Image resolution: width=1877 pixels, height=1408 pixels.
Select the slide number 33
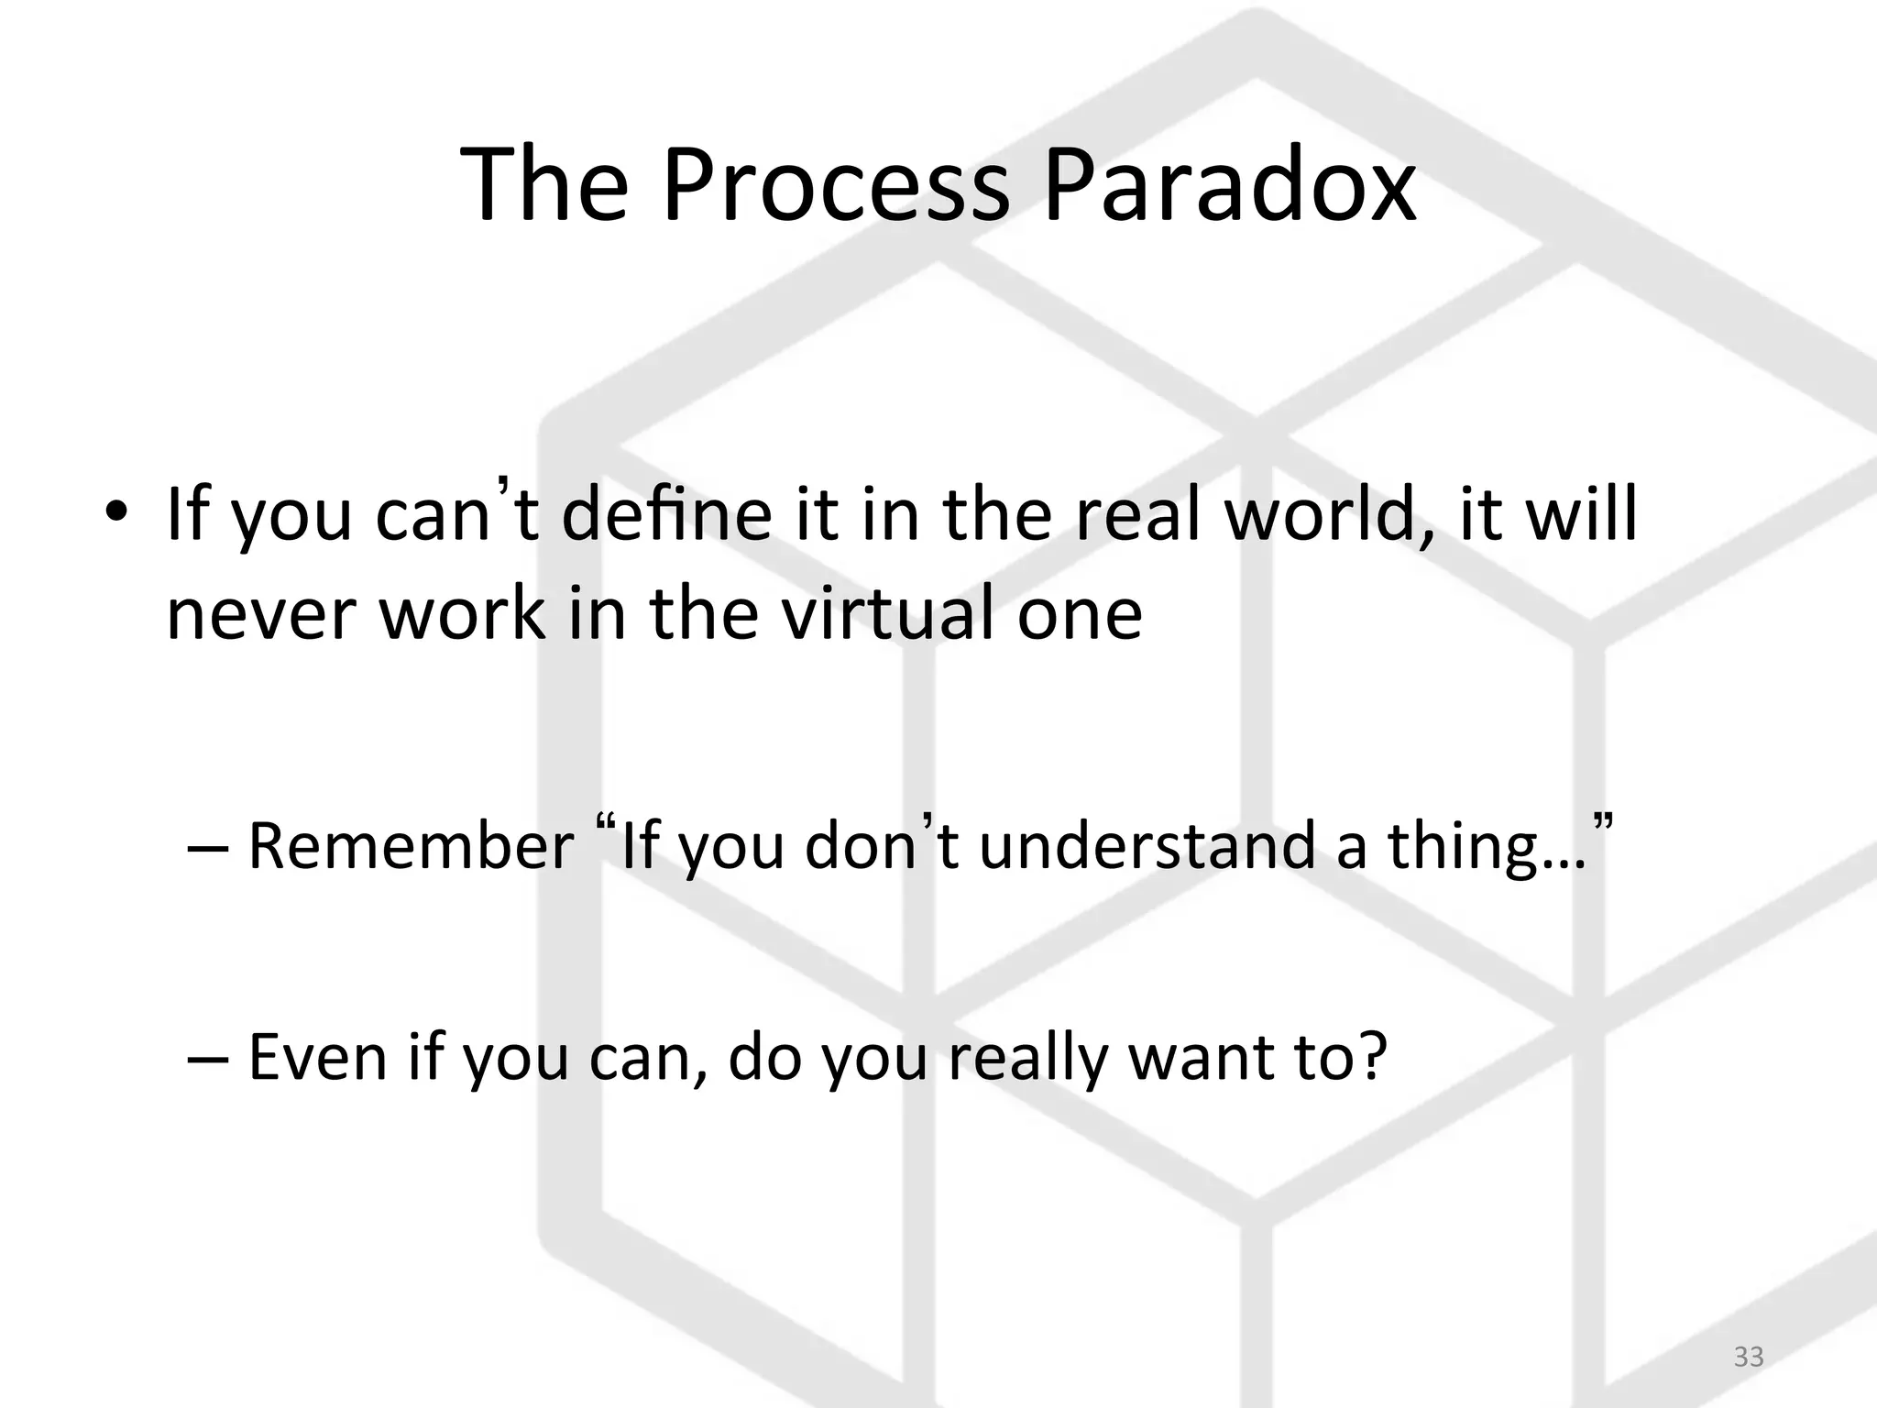1749,1356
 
